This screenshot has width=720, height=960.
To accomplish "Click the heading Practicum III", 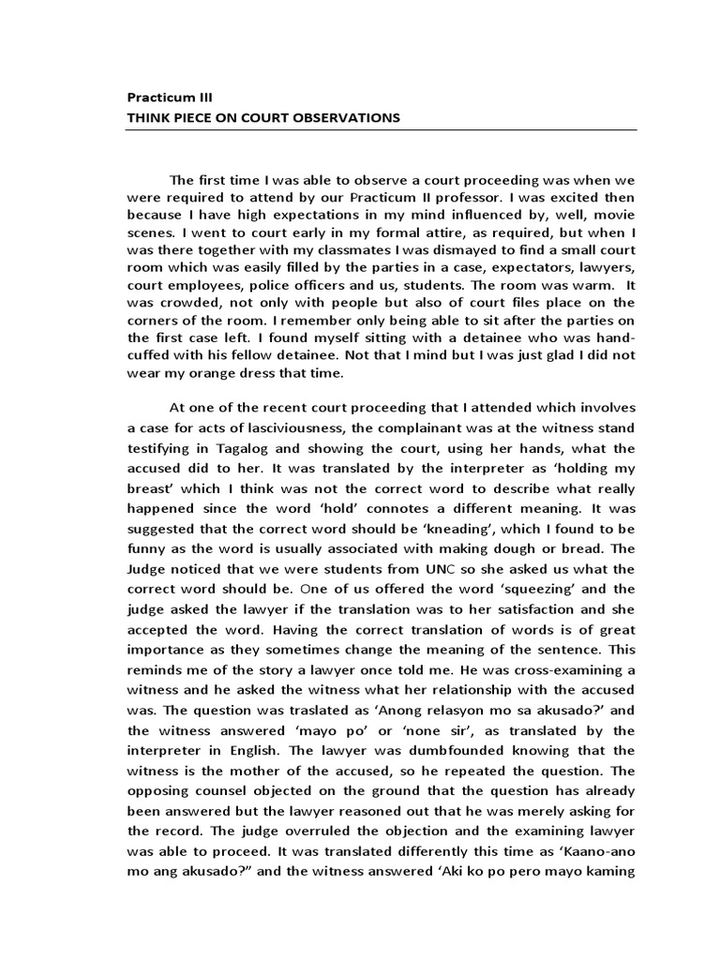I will pyautogui.click(x=175, y=97).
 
